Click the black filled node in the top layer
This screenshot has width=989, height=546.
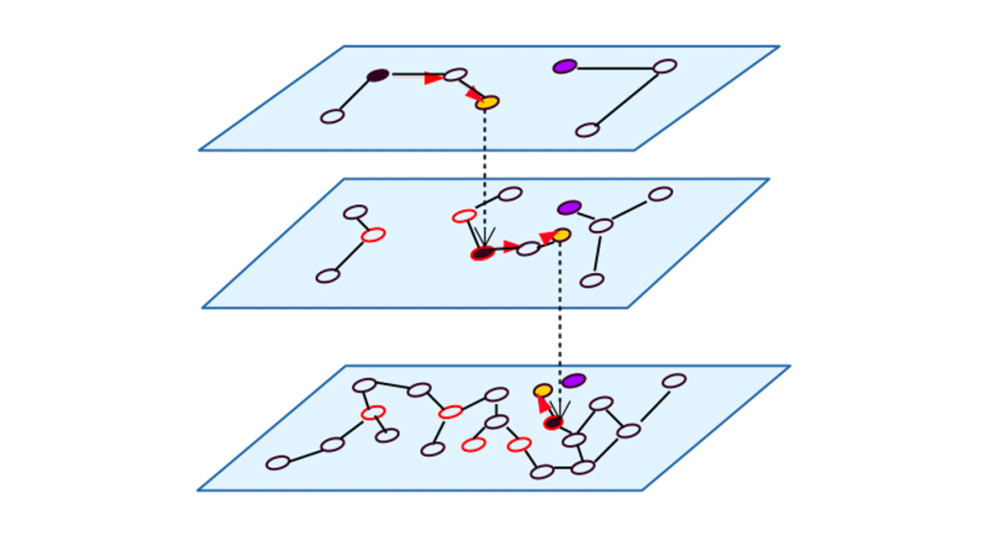(378, 75)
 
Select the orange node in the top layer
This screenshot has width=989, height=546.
(487, 103)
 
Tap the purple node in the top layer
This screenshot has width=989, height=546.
(565, 66)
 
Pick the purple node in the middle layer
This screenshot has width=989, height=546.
(569, 208)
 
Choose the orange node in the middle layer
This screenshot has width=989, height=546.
(560, 235)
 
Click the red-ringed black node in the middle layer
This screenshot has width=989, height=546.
(483, 253)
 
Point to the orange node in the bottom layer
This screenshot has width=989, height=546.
(543, 391)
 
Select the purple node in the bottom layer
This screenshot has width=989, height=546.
(573, 380)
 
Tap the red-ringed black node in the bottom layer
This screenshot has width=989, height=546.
(553, 422)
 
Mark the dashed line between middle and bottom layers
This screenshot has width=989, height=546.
(560, 311)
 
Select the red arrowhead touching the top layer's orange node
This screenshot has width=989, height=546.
(473, 93)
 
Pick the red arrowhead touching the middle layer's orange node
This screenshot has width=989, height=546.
(547, 238)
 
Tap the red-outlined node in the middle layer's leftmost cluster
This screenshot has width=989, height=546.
(373, 235)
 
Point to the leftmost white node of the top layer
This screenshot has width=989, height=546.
(332, 116)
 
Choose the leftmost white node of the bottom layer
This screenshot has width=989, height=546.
(277, 463)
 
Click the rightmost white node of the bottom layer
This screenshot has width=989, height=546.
(674, 380)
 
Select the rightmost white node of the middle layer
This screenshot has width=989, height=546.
(660, 194)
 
